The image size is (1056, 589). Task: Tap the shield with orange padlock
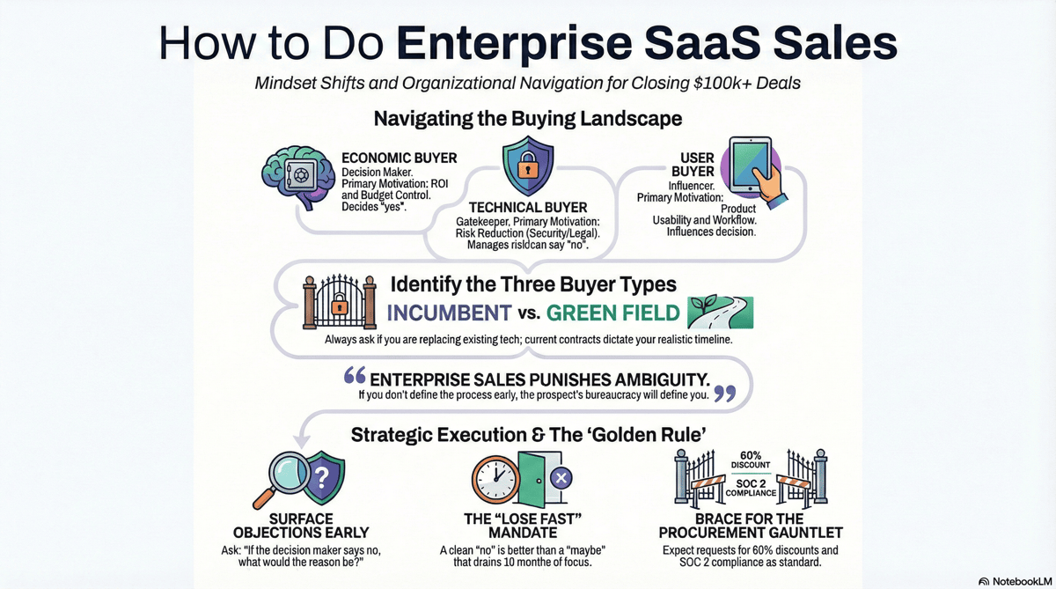(x=528, y=165)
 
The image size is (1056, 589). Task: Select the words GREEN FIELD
(x=614, y=313)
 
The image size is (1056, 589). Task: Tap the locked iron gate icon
(x=333, y=303)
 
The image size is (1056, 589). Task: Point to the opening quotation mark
(x=354, y=376)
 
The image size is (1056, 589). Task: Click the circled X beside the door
(x=561, y=479)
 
